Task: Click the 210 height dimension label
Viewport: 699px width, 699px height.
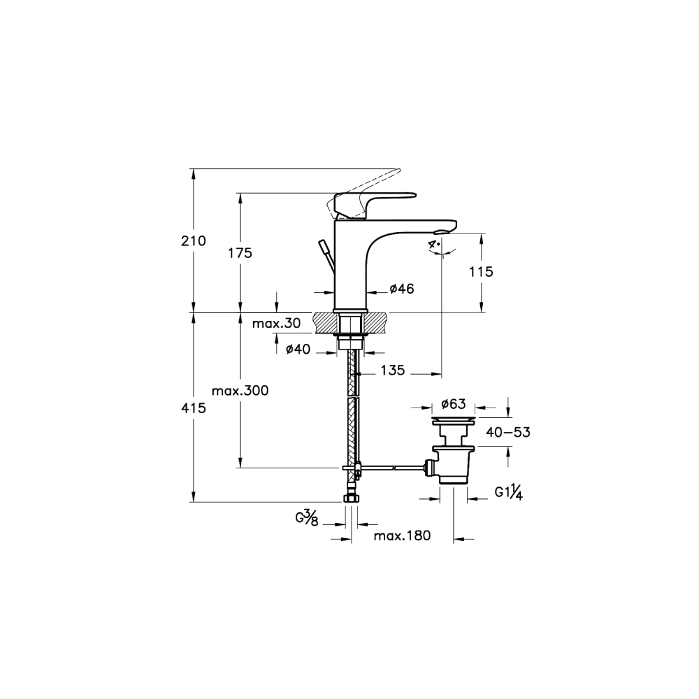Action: pyautogui.click(x=194, y=241)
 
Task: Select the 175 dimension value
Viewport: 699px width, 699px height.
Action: pyautogui.click(x=240, y=253)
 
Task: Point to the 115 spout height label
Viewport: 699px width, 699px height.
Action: pyautogui.click(x=482, y=272)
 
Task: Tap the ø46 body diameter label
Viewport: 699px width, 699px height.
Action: pyautogui.click(x=403, y=288)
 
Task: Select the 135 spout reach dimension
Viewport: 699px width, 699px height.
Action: pyautogui.click(x=393, y=370)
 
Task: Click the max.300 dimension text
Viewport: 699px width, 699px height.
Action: pyautogui.click(x=241, y=391)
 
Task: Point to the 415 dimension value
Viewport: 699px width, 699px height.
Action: pyautogui.click(x=194, y=408)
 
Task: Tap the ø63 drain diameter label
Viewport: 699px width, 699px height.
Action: pyautogui.click(x=454, y=403)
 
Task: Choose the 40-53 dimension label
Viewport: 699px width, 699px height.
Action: pyautogui.click(x=507, y=432)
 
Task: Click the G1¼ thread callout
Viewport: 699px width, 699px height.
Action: pyautogui.click(x=509, y=492)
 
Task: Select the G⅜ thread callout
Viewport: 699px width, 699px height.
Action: pyautogui.click(x=307, y=519)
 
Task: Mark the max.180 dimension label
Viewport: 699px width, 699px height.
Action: pyautogui.click(x=401, y=535)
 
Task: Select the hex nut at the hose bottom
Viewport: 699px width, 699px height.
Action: pyautogui.click(x=352, y=499)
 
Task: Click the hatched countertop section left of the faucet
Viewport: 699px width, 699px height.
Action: pyautogui.click(x=325, y=322)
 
